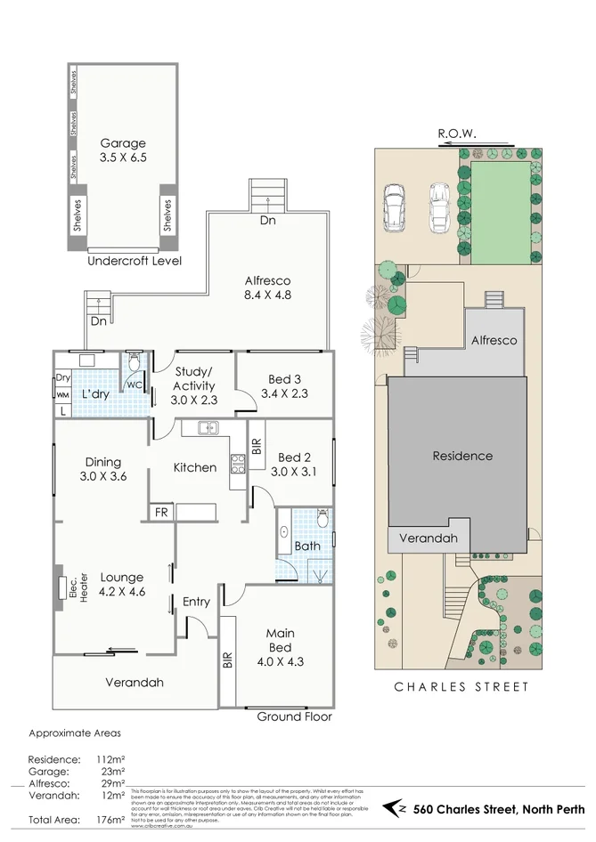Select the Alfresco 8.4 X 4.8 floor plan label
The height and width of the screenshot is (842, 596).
tap(267, 287)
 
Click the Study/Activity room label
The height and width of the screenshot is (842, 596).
tap(193, 385)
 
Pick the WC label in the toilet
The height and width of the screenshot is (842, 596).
tap(135, 385)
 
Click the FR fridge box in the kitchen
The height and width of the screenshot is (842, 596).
tap(161, 512)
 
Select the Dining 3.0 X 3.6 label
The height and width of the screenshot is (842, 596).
tap(103, 468)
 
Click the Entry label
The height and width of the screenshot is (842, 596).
tap(196, 602)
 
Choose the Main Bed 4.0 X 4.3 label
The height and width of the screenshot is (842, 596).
tap(280, 641)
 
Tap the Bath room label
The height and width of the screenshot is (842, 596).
tap(307, 546)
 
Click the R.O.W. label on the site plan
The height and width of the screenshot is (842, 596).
tap(457, 134)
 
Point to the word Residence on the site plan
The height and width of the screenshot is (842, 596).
tap(462, 456)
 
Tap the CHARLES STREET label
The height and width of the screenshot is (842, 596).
tap(461, 686)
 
